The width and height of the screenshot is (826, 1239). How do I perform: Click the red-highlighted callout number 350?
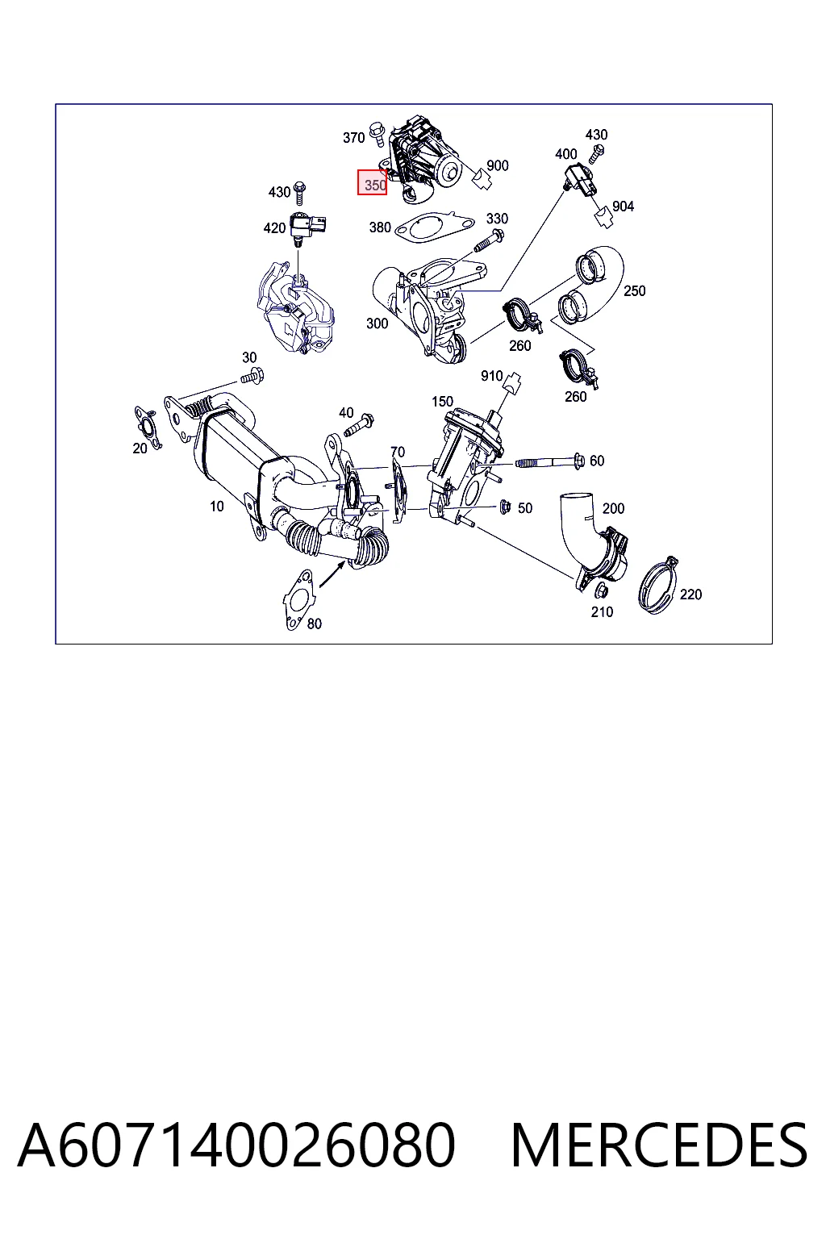click(375, 186)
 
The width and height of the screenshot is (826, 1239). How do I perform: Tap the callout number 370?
click(353, 137)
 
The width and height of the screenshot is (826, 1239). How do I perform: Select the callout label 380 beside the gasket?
click(380, 227)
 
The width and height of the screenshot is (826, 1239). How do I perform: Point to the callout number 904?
click(623, 206)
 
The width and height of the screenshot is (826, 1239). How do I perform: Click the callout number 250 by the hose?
click(635, 291)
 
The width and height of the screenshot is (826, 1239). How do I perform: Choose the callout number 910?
click(492, 376)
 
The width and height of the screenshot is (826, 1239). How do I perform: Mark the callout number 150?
click(443, 402)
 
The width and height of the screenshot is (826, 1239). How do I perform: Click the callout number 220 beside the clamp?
click(690, 594)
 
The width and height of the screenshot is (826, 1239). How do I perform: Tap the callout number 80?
click(315, 624)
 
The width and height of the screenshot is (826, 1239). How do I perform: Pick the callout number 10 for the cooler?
click(217, 506)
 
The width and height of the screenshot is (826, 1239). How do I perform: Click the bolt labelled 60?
click(550, 461)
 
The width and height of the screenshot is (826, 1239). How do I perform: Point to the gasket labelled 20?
click(148, 428)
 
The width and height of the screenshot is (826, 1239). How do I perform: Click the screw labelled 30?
click(252, 376)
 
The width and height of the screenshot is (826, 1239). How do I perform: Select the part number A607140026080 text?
click(237, 1145)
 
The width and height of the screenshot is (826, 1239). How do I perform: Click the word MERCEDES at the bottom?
click(660, 1145)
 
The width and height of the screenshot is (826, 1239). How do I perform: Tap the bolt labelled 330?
click(488, 242)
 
